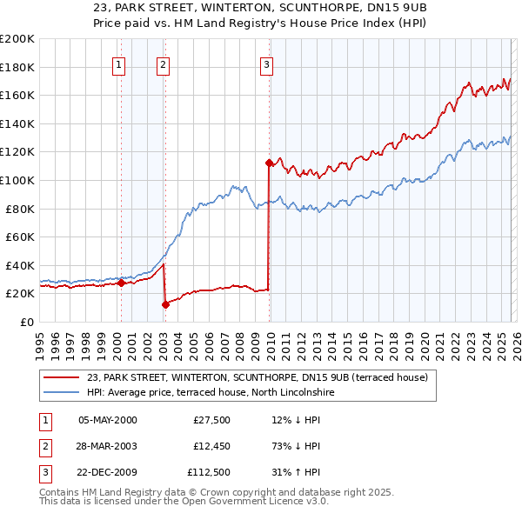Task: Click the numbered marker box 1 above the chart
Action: pyautogui.click(x=117, y=63)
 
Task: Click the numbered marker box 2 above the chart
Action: pyautogui.click(x=163, y=63)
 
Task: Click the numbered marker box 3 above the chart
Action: pyautogui.click(x=266, y=63)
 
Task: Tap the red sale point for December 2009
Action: pyautogui.click(x=269, y=162)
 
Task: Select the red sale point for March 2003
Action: pyautogui.click(x=165, y=303)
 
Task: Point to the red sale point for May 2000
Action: pyautogui.click(x=121, y=283)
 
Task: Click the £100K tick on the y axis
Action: pyautogui.click(x=17, y=180)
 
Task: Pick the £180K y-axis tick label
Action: pyautogui.click(x=17, y=67)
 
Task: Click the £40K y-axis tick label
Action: pyautogui.click(x=20, y=265)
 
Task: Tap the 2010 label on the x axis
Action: pyautogui.click(x=270, y=341)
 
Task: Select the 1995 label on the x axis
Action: pyautogui.click(x=40, y=341)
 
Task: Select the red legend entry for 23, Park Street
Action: pyautogui.click(x=258, y=377)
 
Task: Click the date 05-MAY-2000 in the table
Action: pyautogui.click(x=108, y=420)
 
